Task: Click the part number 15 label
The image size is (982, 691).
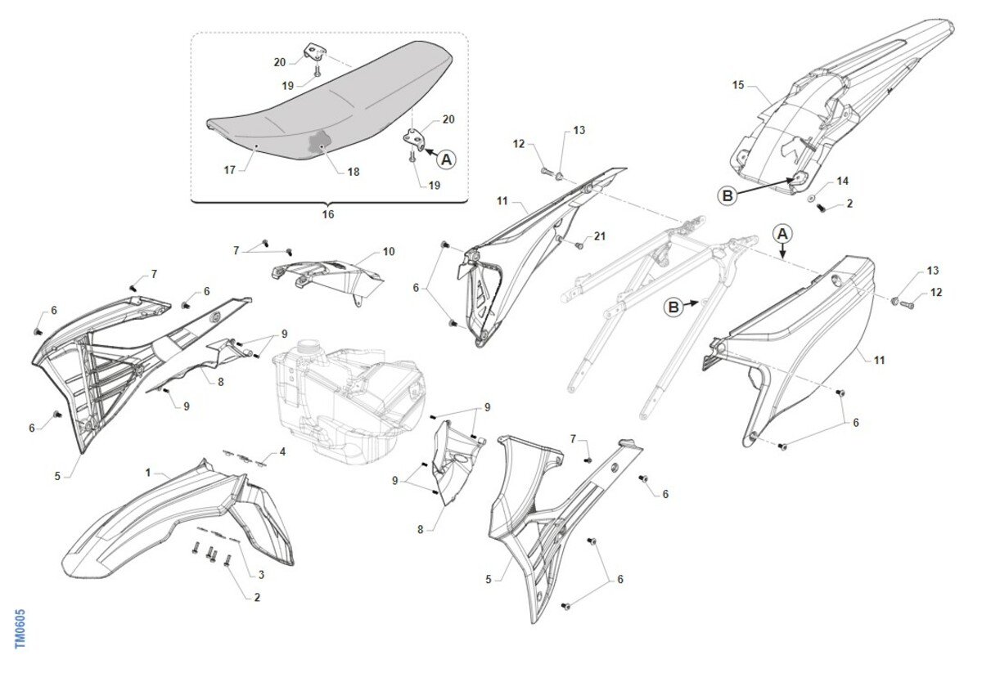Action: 738,85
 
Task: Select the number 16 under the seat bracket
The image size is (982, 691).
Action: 328,214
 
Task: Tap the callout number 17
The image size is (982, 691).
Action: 230,170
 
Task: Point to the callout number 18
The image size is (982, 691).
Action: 354,172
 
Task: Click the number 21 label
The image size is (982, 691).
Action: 600,236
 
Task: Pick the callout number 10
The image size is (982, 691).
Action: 389,252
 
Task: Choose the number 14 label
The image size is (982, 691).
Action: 843,181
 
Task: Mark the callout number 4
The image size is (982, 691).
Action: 283,451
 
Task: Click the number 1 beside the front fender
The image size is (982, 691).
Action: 148,473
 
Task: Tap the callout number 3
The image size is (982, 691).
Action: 261,574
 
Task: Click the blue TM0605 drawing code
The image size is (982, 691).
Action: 20,629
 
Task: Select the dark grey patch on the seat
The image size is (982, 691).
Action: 318,142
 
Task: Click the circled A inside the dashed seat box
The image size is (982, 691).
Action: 446,159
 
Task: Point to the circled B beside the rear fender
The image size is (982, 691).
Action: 727,196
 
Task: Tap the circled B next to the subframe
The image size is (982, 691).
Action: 673,307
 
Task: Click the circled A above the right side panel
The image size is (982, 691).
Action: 782,234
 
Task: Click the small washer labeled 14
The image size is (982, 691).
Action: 812,199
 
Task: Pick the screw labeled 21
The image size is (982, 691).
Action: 579,246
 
